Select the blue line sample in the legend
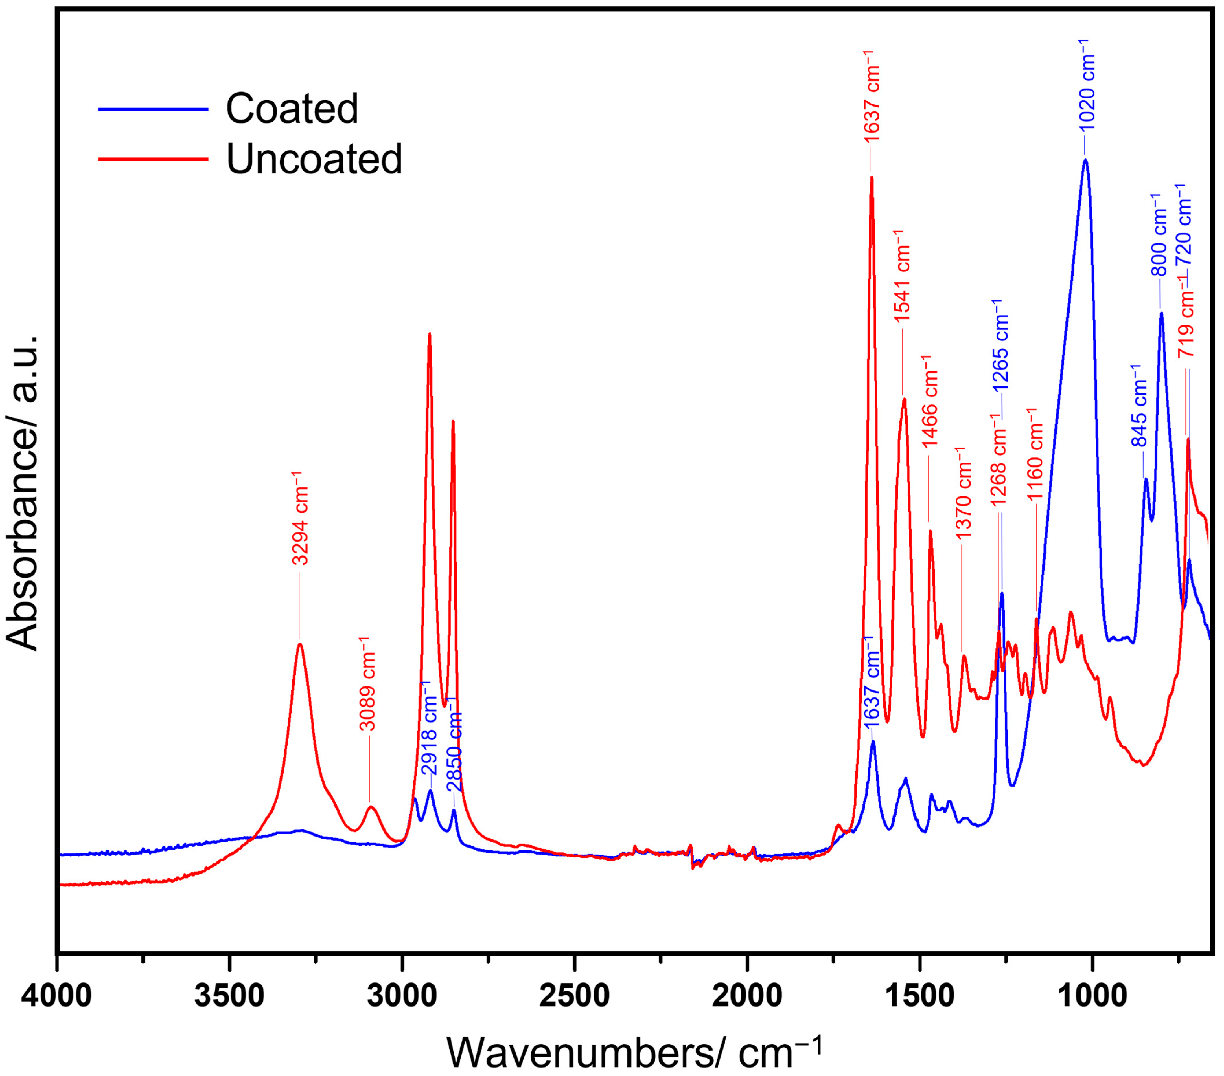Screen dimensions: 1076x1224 pyautogui.click(x=153, y=109)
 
